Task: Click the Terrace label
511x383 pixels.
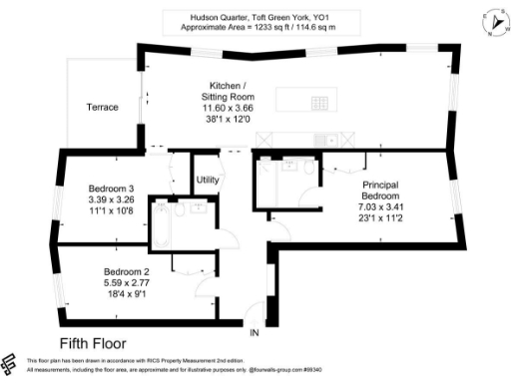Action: pos(102,107)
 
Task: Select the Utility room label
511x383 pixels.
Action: pos(207,180)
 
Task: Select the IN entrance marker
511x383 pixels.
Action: pos(255,332)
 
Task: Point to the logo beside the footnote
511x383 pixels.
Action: pos(11,363)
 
